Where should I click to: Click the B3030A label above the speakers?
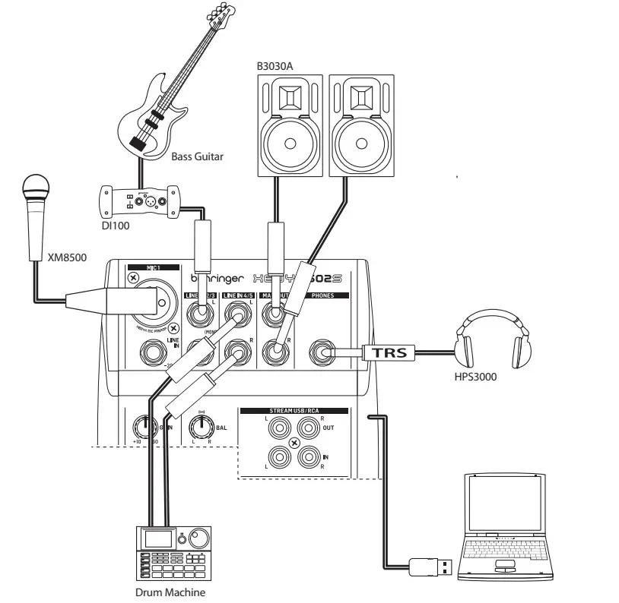point(275,67)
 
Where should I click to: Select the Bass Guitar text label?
point(197,157)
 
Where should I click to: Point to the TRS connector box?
point(387,352)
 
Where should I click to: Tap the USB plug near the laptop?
point(433,567)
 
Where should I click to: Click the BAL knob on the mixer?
point(201,428)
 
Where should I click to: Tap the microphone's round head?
point(36,185)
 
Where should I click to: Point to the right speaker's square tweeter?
point(360,97)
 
